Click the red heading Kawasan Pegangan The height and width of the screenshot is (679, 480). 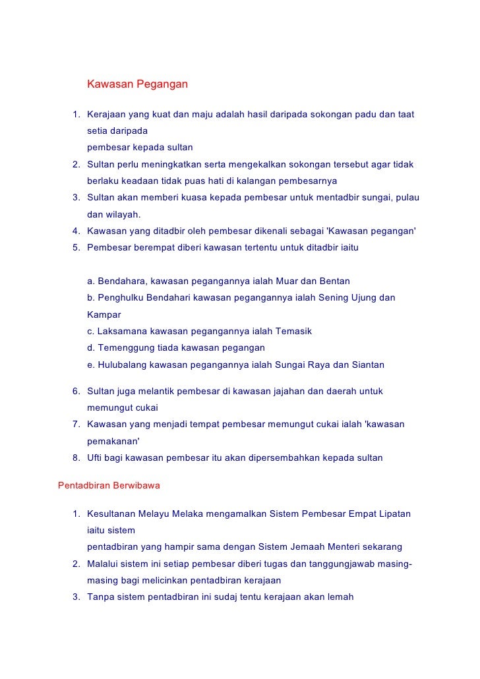[138, 84]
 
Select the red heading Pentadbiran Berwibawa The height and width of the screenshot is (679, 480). [109, 486]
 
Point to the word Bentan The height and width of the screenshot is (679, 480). [335, 281]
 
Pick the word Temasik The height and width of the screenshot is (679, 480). [295, 331]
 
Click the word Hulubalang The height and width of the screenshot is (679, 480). [123, 365]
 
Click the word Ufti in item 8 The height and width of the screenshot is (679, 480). [95, 458]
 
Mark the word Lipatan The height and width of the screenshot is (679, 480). [393, 514]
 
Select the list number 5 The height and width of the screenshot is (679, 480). [76, 247]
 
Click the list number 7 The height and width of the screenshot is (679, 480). [76, 424]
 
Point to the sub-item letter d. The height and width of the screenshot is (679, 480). [90, 347]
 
